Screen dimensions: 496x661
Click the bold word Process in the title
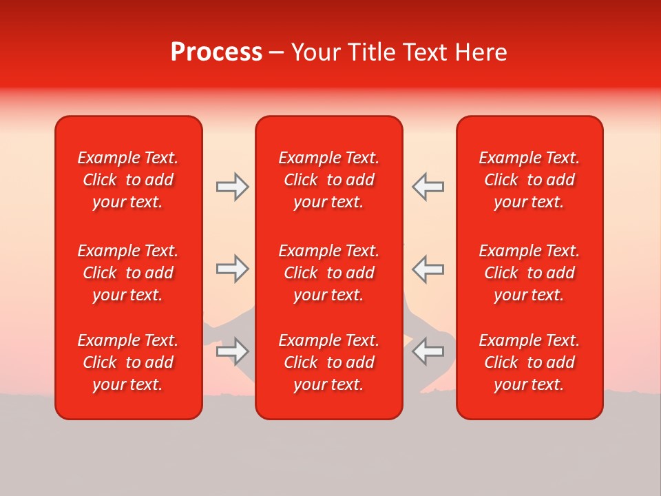(216, 52)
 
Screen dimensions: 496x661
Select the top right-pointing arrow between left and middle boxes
(232, 187)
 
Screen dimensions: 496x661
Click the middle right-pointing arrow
(232, 269)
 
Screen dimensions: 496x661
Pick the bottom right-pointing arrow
(232, 351)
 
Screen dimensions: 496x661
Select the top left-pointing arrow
(428, 187)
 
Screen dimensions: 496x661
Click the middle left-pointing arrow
(428, 269)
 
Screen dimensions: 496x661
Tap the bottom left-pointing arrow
(428, 351)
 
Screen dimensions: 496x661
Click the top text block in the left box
(128, 180)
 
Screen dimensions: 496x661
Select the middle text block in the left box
(128, 273)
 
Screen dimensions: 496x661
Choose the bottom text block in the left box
(128, 362)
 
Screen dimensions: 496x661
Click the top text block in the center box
(328, 180)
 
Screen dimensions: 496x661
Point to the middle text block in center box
(328, 273)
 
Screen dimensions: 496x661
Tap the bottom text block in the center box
(328, 362)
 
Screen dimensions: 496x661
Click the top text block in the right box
(529, 180)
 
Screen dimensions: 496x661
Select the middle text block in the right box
(529, 273)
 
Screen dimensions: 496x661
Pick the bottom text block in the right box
(529, 362)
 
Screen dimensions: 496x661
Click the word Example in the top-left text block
(108, 158)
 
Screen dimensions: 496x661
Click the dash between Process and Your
(277, 53)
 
